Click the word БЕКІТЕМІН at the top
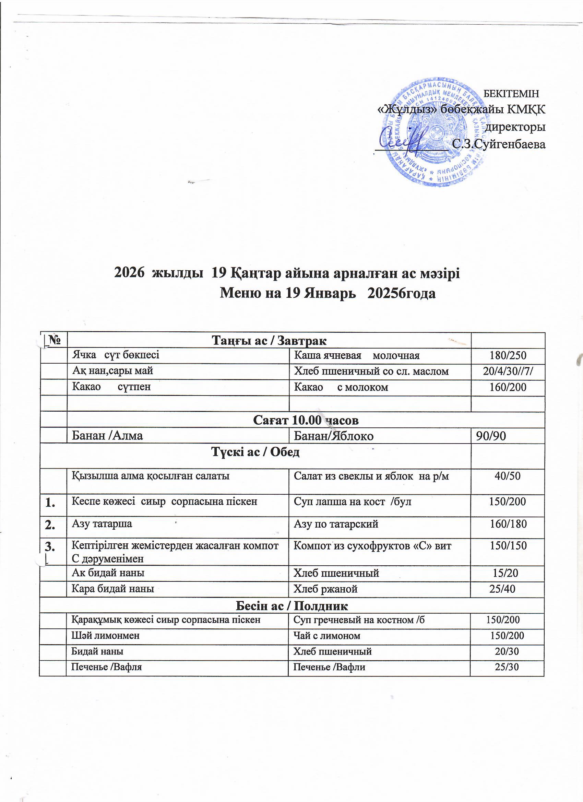pyautogui.click(x=511, y=94)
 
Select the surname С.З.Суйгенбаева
pyautogui.click(x=499, y=144)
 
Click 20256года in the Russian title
pyautogui.click(x=401, y=293)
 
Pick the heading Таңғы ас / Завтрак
pyautogui.click(x=269, y=340)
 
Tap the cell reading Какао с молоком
pyautogui.click(x=341, y=387)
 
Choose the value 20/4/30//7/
pyautogui.click(x=507, y=371)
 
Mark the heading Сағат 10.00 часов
pyautogui.click(x=306, y=420)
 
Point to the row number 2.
pyautogui.click(x=50, y=525)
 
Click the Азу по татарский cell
pyautogui.click(x=336, y=524)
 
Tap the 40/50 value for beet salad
pyautogui.click(x=507, y=476)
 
